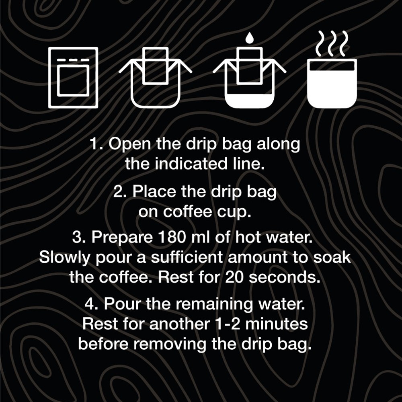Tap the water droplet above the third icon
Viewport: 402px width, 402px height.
click(x=249, y=38)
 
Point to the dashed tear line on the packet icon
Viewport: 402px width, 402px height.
click(x=73, y=60)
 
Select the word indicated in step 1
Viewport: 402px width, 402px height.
click(x=191, y=164)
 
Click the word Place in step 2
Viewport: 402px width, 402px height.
click(x=154, y=191)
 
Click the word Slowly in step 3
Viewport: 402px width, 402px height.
click(x=64, y=258)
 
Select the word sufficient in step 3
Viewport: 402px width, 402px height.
click(x=187, y=257)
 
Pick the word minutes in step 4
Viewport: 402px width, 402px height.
click(x=277, y=324)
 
